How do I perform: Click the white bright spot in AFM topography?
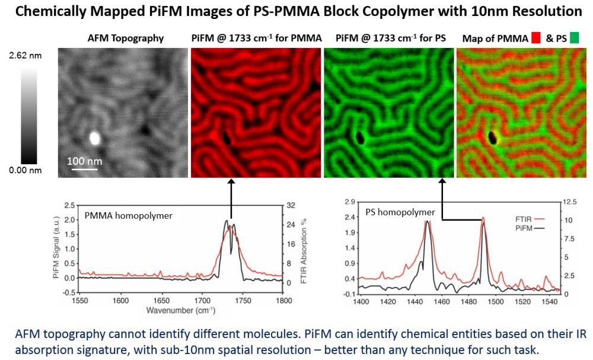coord(94,138)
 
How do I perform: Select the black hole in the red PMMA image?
coord(227,139)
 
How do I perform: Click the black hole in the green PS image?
coord(359,138)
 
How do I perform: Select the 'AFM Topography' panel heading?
coord(126,39)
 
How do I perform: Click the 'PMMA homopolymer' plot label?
coord(129,216)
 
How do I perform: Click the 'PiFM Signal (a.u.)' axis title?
coord(57,248)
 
